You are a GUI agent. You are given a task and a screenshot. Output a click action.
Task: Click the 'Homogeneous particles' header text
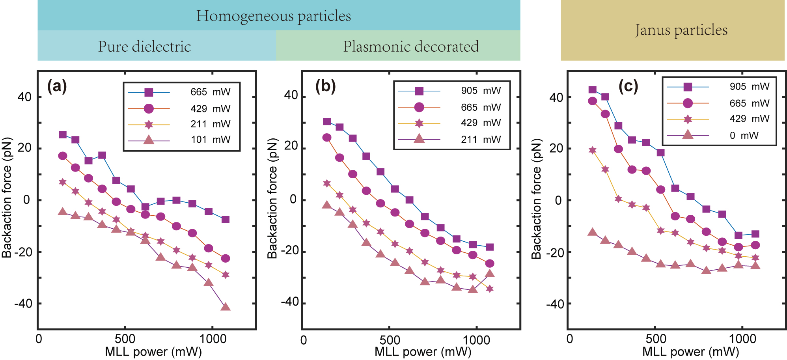pyautogui.click(x=274, y=16)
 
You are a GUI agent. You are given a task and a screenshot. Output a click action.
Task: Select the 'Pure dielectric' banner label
pyautogui.click(x=144, y=47)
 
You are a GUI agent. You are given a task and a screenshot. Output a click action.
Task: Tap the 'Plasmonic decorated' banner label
pyautogui.click(x=411, y=47)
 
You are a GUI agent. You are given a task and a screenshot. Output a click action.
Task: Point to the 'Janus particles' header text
pyautogui.click(x=681, y=30)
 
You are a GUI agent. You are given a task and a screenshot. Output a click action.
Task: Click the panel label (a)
pyautogui.click(x=57, y=86)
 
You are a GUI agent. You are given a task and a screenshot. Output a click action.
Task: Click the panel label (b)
pyautogui.click(x=325, y=86)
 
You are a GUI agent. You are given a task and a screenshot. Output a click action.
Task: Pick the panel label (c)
pyautogui.click(x=628, y=86)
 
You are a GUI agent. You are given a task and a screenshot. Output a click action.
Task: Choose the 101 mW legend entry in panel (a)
pyautogui.click(x=211, y=140)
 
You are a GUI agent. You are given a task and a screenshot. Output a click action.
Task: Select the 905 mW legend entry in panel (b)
pyautogui.click(x=481, y=91)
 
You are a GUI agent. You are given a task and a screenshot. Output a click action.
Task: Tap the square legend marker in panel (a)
pyautogui.click(x=149, y=92)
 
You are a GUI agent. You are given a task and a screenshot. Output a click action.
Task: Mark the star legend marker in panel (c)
pyautogui.click(x=688, y=119)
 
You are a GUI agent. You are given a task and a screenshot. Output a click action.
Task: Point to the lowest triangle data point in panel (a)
pyautogui.click(x=225, y=306)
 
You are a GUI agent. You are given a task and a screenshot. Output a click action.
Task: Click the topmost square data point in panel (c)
pyautogui.click(x=592, y=90)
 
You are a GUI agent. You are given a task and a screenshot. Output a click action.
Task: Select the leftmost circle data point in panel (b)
pyautogui.click(x=327, y=138)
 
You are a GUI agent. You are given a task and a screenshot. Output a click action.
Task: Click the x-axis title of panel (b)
pyautogui.click(x=423, y=351)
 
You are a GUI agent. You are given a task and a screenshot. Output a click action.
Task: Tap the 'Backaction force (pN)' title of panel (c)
pyautogui.click(x=536, y=199)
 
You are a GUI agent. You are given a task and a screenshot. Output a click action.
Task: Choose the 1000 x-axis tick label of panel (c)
pyautogui.click(x=742, y=339)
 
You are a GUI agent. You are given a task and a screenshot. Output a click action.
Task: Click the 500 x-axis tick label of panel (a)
pyautogui.click(x=125, y=339)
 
